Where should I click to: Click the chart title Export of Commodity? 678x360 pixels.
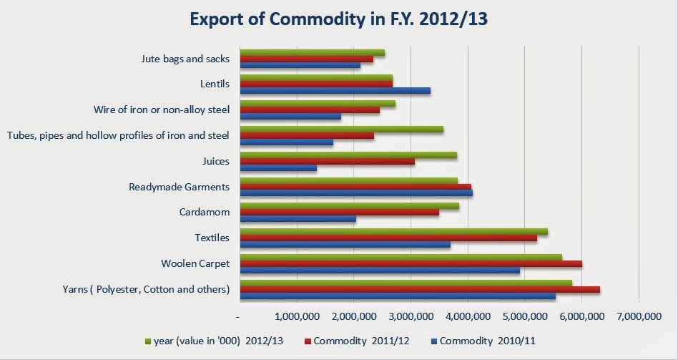338,19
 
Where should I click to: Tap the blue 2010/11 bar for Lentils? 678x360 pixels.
335,91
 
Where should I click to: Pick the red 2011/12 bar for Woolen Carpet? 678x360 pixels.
411,263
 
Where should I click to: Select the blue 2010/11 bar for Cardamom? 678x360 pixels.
298,219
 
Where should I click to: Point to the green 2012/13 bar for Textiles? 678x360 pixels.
393,231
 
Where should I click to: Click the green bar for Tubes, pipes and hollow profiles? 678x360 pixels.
341,130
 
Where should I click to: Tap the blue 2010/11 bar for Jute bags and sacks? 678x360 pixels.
300,66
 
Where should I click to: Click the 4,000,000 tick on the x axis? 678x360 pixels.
468,316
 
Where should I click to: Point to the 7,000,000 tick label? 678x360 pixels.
638,316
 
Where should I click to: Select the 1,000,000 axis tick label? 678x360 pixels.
296,316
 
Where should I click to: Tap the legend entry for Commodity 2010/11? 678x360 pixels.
494,341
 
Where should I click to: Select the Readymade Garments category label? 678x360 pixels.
179,187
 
